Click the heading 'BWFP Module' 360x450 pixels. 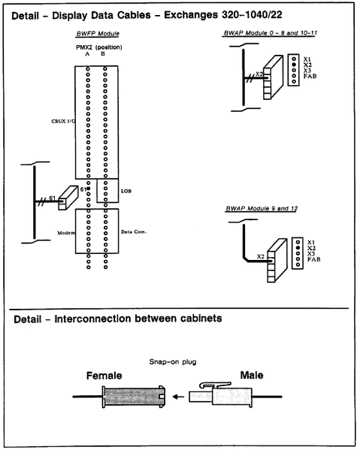(98, 35)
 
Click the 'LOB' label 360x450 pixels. (126, 192)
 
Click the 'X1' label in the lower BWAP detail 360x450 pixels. (310, 243)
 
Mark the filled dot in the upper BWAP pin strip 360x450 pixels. (295, 65)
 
